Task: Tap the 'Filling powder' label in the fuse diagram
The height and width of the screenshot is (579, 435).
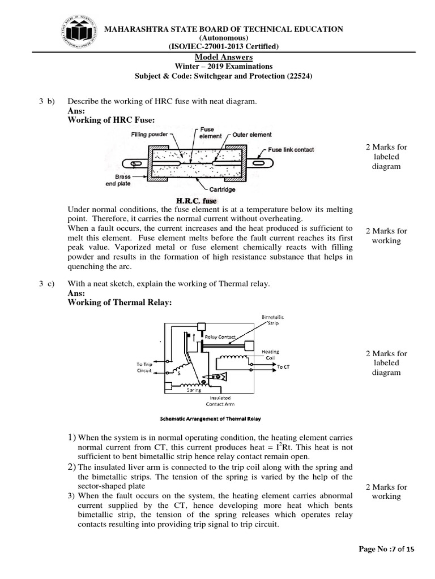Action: (150, 135)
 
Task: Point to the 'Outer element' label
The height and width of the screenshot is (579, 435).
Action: (252, 135)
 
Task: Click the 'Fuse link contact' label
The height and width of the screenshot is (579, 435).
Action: (291, 150)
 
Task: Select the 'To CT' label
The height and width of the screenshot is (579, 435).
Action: (283, 367)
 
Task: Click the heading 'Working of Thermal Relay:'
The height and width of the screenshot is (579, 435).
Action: (119, 303)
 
